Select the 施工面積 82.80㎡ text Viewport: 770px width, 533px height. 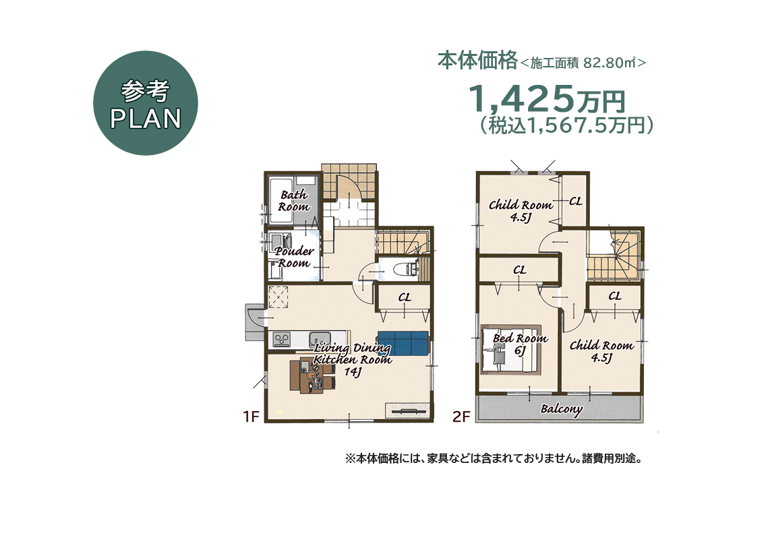pos(584,63)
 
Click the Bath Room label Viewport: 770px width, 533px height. pos(293,200)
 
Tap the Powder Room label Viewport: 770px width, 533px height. pos(294,257)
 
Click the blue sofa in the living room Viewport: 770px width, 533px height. pos(403,343)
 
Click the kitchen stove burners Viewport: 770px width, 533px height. pos(281,338)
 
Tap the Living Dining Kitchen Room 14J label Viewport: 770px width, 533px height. pos(353,360)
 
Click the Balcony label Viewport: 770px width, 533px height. pos(561,409)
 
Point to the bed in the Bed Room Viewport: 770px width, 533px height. pos(510,350)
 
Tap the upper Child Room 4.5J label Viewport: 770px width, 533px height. pos(520,210)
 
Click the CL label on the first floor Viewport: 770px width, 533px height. pos(405,296)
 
